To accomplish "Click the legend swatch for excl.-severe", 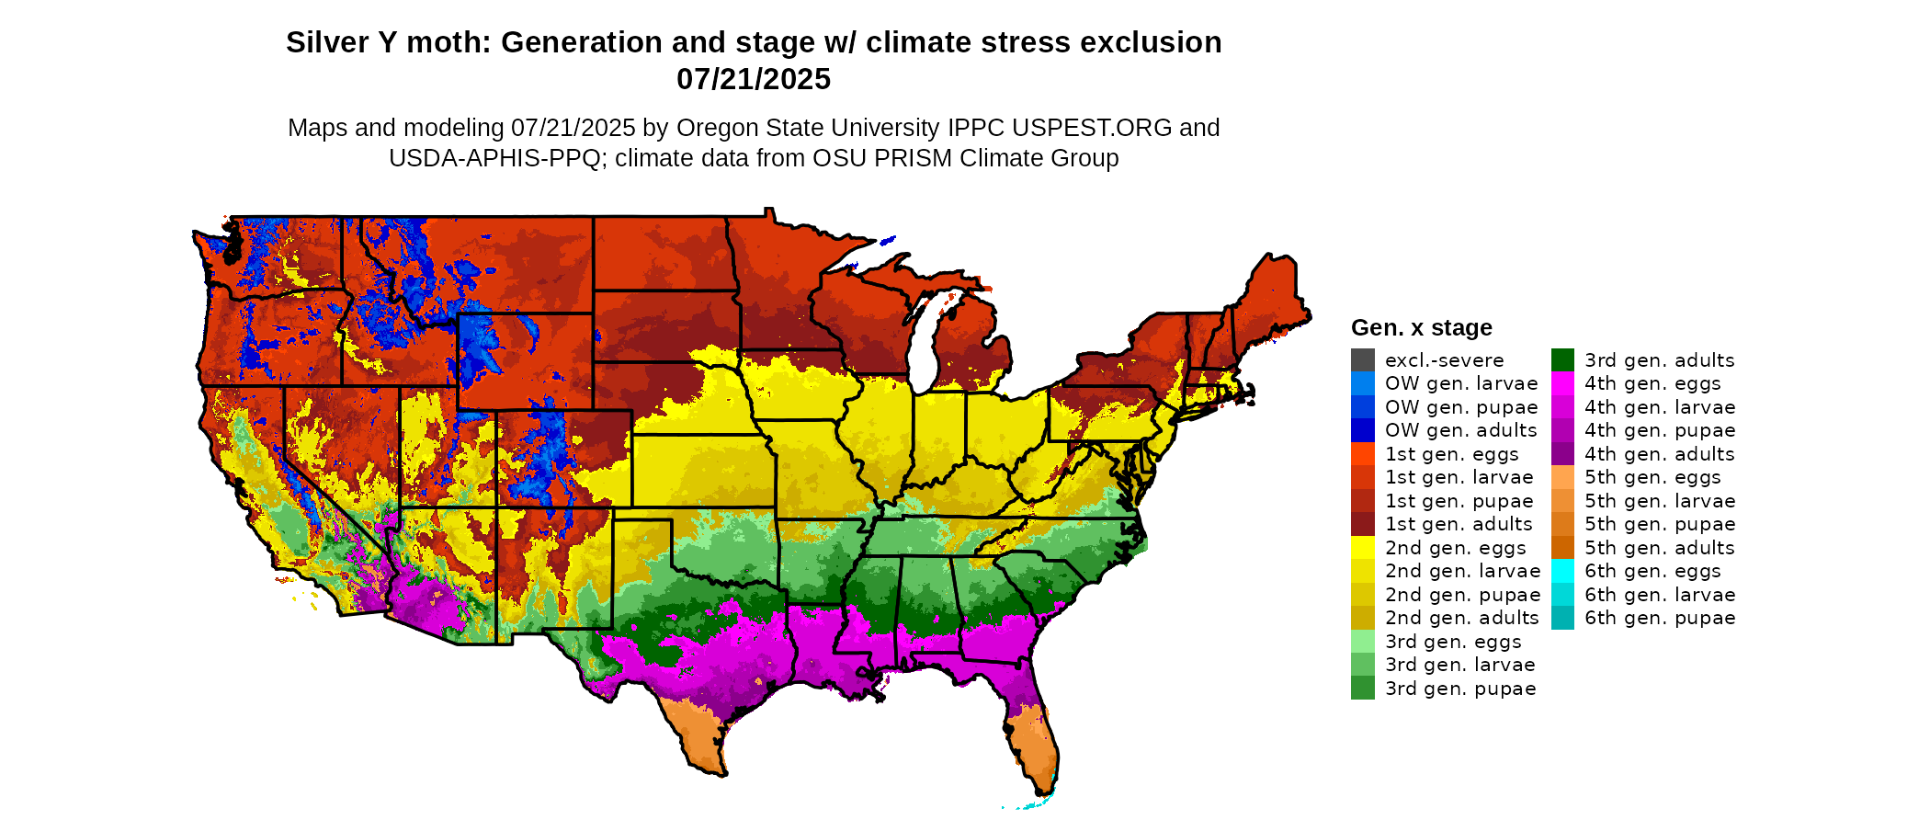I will (x=1362, y=360).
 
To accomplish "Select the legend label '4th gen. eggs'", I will (x=1652, y=383).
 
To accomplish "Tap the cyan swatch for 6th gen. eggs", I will (x=1562, y=571).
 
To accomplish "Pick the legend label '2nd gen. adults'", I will (x=1461, y=618).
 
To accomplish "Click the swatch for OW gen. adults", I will (x=1362, y=430).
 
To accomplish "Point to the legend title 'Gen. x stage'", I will (x=1421, y=327).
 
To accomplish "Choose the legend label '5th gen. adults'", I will (x=1659, y=548).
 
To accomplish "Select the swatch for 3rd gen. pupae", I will (x=1362, y=689).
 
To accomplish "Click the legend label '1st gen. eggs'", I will (x=1451, y=454).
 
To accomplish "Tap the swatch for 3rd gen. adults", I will (x=1562, y=360).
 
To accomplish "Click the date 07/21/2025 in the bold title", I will (x=753, y=79).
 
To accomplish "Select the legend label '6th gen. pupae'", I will (x=1659, y=618).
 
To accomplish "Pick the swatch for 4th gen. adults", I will (x=1562, y=454).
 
